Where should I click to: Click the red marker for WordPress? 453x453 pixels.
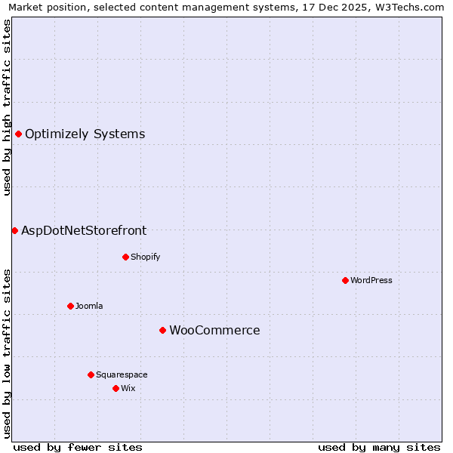(345, 280)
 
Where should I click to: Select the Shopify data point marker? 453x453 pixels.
(125, 257)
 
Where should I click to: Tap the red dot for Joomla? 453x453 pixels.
(70, 306)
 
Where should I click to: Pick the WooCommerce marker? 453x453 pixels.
(162, 330)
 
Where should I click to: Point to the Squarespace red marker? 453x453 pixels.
(91, 374)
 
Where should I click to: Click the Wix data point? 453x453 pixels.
(116, 388)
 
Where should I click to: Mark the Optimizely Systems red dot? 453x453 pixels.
(18, 134)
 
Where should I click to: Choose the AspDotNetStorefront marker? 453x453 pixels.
(14, 230)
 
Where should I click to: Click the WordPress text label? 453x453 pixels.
(371, 280)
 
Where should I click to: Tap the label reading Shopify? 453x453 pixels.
(146, 257)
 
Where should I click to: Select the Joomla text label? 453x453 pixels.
(89, 306)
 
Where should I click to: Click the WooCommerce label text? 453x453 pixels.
(214, 330)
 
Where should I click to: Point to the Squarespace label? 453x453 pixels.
(122, 374)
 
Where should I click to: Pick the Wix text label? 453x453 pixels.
(128, 388)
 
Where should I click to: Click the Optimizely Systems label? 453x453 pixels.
(85, 134)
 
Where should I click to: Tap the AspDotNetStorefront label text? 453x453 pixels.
(84, 230)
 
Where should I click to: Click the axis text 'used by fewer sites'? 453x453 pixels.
(78, 447)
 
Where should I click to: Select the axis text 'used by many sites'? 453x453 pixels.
(379, 447)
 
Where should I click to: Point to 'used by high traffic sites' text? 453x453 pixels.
(7, 107)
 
